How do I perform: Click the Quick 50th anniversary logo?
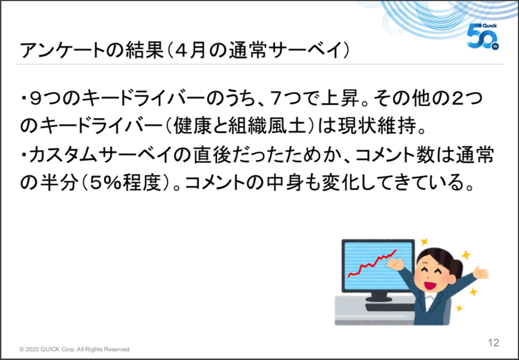[483, 36]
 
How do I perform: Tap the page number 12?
[493, 342]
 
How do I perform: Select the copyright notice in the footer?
[75, 350]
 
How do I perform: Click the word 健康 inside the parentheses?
[192, 127]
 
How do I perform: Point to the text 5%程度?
[125, 184]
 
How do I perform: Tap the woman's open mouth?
[430, 285]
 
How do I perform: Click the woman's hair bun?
[458, 267]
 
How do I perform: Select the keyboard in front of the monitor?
[390, 308]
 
